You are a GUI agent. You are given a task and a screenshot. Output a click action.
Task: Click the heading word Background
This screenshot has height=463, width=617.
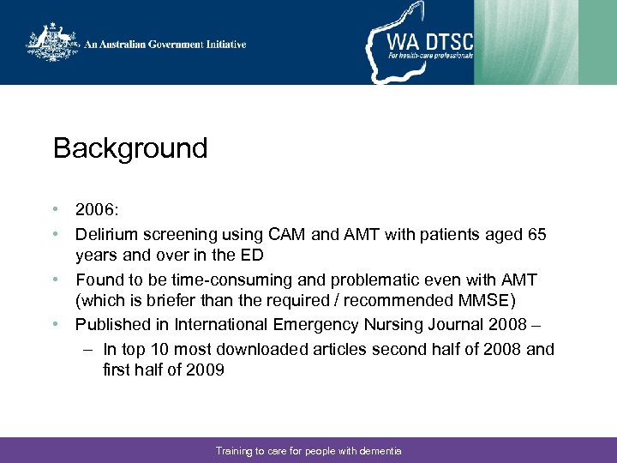point(130,148)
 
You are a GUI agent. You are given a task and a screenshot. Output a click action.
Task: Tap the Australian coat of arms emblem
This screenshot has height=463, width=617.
point(51,43)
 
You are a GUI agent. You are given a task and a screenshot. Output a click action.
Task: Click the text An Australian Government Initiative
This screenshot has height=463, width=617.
point(165,45)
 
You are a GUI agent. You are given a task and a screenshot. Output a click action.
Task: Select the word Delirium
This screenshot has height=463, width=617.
point(105,234)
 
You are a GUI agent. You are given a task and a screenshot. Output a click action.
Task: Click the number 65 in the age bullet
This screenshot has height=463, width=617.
point(536,234)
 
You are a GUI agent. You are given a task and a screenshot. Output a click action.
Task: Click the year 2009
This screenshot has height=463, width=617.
point(205,370)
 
